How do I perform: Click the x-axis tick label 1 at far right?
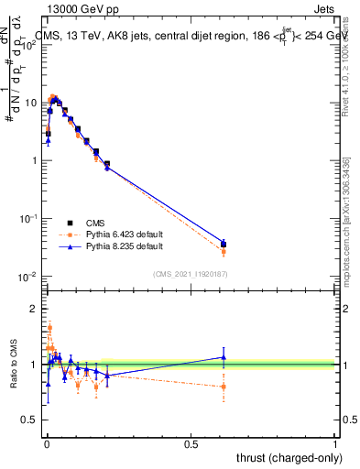pos(335,443)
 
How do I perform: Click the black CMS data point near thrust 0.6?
pos(224,245)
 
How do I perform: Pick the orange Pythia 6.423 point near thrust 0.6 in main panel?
pos(224,251)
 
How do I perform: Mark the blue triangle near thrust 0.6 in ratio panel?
pos(224,357)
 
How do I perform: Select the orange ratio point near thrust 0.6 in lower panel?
pos(224,387)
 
